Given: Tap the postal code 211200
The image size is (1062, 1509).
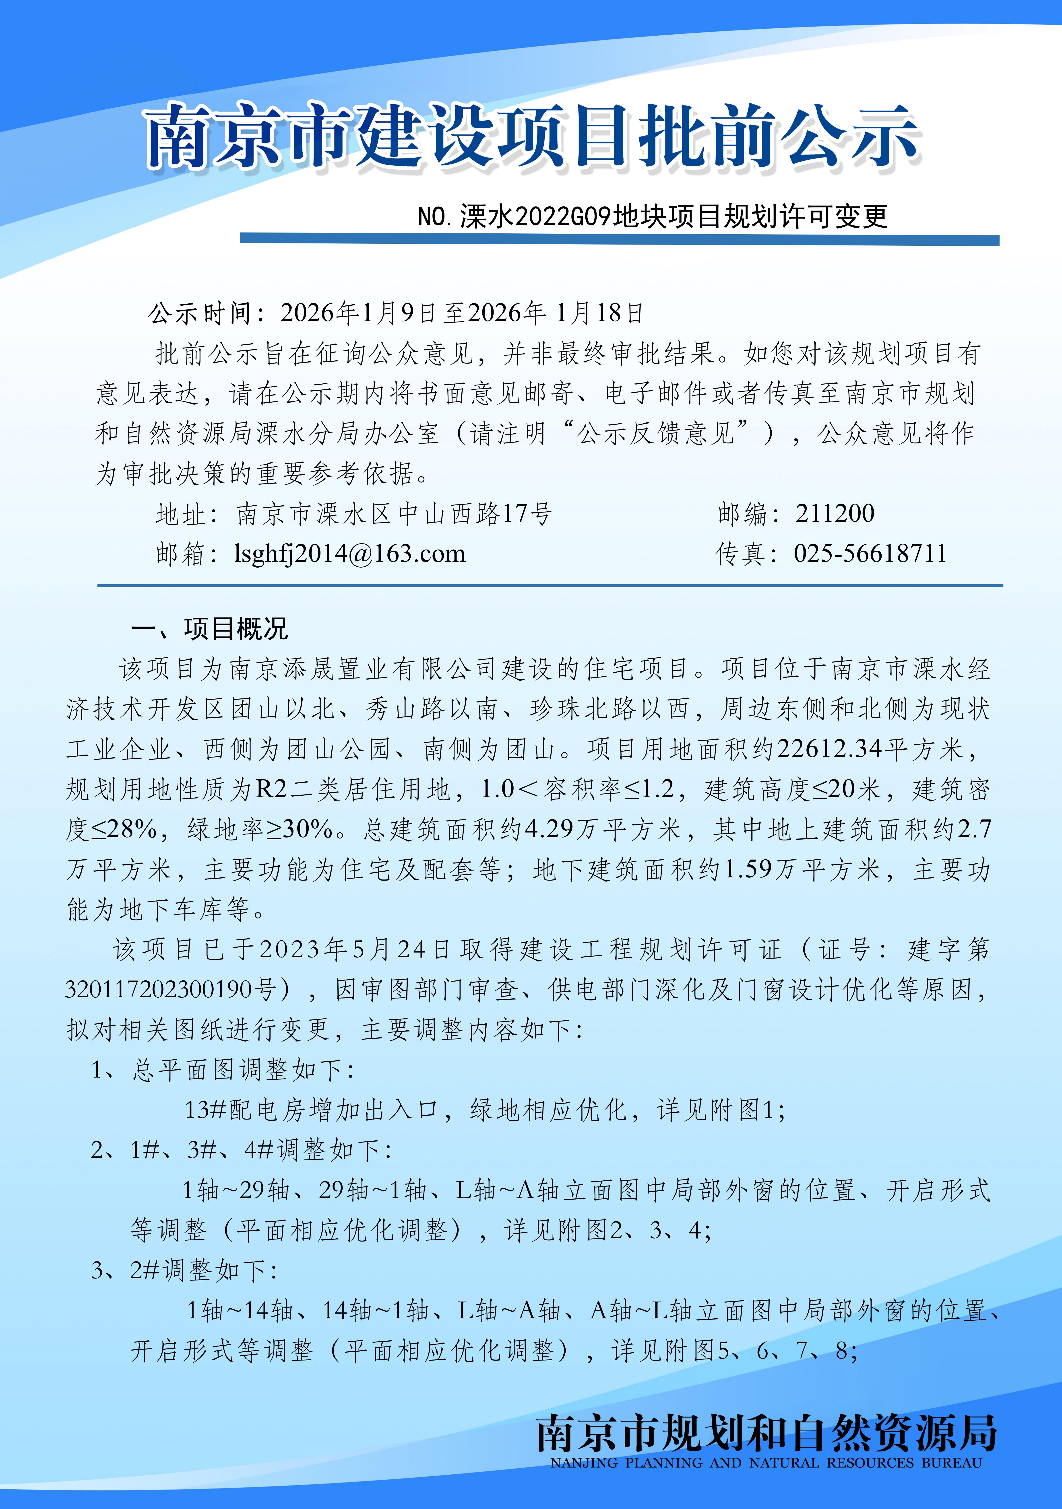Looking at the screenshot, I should tap(835, 513).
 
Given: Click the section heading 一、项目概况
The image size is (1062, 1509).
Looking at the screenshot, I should tap(209, 629).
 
